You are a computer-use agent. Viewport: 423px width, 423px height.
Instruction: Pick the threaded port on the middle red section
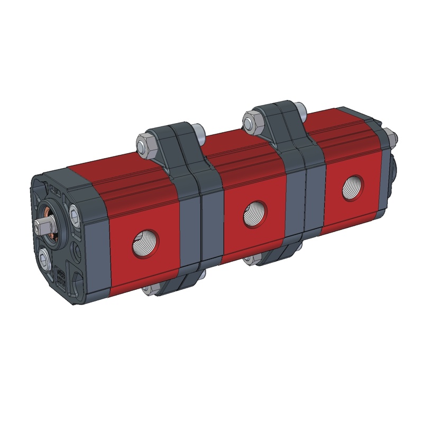255,214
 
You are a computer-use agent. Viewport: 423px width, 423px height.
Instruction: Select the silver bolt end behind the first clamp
200,131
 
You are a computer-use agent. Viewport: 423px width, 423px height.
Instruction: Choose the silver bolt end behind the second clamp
299,110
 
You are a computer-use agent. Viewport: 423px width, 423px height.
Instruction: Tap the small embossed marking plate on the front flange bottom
60,276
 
